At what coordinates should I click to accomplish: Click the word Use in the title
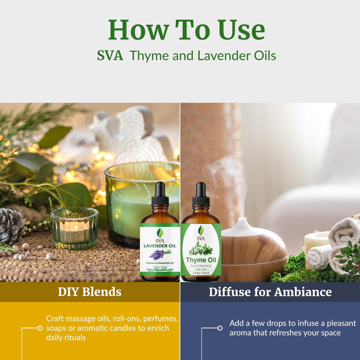[243, 30]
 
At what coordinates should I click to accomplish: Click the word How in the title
[138, 30]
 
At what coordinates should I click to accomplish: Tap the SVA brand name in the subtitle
[110, 56]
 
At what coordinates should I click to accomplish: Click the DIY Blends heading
[90, 292]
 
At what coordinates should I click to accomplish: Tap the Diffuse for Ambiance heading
[270, 292]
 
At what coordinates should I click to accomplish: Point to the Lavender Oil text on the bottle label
[160, 246]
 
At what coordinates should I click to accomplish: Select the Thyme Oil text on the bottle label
[201, 260]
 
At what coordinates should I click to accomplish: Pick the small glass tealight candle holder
[74, 228]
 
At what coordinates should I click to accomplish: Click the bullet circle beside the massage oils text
[40, 328]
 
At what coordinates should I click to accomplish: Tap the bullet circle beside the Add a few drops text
[220, 328]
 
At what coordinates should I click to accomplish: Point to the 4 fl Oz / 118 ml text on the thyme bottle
[201, 273]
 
